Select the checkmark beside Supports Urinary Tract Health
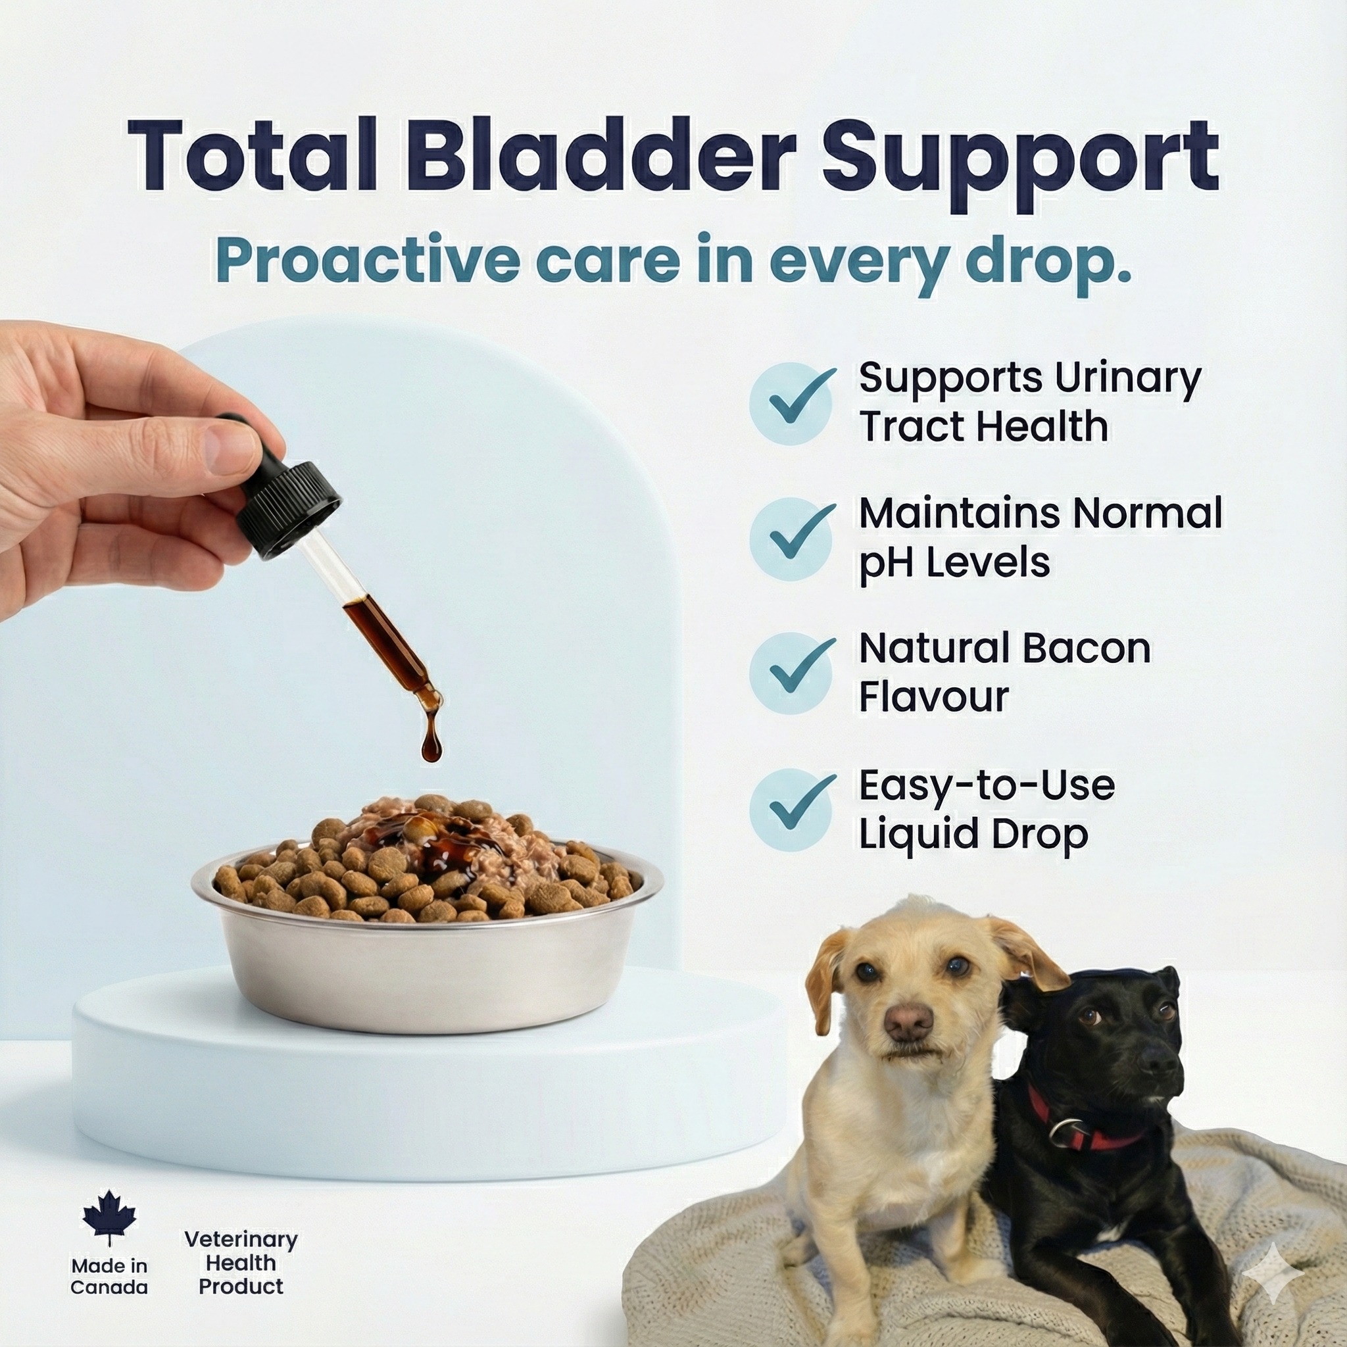point(791,403)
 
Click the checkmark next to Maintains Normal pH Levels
point(791,538)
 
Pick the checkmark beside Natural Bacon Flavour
point(791,673)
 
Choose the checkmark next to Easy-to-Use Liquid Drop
point(791,810)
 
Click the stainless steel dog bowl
point(427,976)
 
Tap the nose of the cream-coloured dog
point(908,1021)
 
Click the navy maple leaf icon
point(109,1217)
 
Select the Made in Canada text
point(109,1276)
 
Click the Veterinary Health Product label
point(241,1263)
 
